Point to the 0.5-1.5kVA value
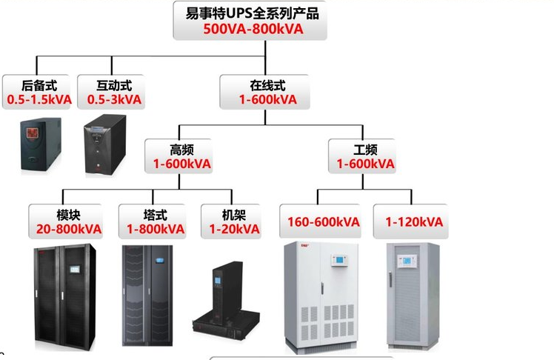click(x=39, y=99)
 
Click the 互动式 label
click(x=114, y=85)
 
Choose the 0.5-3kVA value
click(x=114, y=99)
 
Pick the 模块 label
click(x=68, y=215)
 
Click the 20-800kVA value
click(x=69, y=229)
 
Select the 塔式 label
click(x=156, y=215)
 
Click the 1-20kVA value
click(x=234, y=229)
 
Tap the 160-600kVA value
click(x=324, y=221)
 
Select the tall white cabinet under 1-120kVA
click(x=413, y=296)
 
